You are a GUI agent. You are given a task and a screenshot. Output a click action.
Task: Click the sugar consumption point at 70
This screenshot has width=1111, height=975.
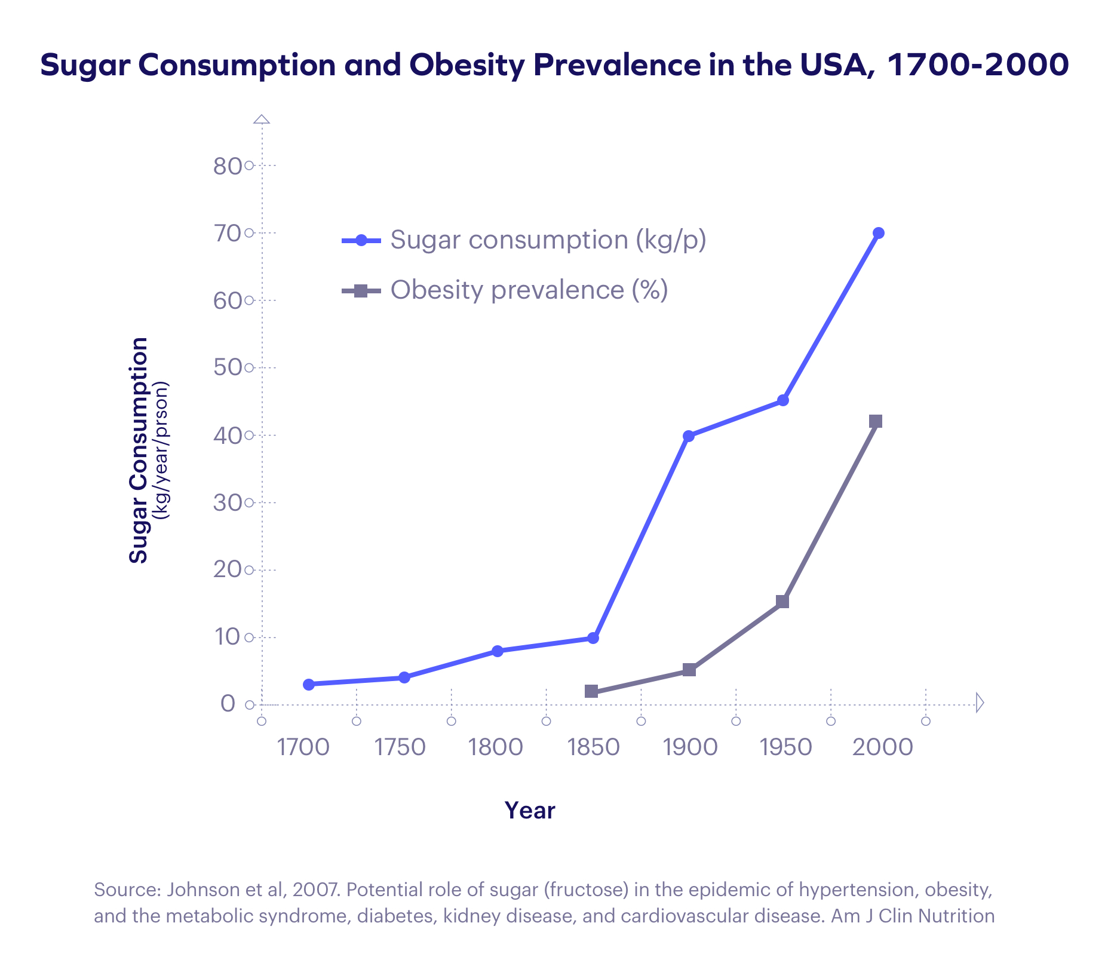(878, 233)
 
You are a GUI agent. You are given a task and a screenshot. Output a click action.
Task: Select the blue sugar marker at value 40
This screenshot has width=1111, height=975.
(688, 436)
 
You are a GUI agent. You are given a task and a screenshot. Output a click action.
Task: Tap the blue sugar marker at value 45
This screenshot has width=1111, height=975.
(783, 400)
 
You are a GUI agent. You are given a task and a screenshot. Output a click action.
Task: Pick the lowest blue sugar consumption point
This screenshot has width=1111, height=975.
(309, 685)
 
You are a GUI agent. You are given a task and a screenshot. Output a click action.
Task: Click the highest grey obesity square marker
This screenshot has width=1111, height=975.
(876, 421)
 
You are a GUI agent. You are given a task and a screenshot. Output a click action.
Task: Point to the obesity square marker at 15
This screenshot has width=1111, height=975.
(782, 602)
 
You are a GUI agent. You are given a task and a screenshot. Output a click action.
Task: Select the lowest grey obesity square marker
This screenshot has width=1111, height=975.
(591, 691)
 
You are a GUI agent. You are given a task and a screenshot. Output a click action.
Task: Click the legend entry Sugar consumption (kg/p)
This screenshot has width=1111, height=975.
(548, 240)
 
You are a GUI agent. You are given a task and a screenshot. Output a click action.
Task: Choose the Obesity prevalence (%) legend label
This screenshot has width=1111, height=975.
(529, 290)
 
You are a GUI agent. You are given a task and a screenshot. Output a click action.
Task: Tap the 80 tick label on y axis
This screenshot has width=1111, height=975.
(227, 166)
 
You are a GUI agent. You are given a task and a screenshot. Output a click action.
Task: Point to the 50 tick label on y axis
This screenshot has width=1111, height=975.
(227, 368)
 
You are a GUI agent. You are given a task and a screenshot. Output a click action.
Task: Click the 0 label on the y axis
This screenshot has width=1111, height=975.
(228, 704)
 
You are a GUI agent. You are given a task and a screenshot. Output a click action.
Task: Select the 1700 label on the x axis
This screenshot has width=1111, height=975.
(303, 747)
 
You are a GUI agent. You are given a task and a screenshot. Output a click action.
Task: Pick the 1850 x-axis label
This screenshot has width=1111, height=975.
(594, 747)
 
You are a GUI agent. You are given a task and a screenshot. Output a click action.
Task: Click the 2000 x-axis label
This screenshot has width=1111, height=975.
(883, 747)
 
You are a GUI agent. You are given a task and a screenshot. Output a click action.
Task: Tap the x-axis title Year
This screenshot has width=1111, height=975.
(530, 811)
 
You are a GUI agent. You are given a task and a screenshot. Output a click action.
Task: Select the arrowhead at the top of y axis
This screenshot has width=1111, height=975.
(262, 119)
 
